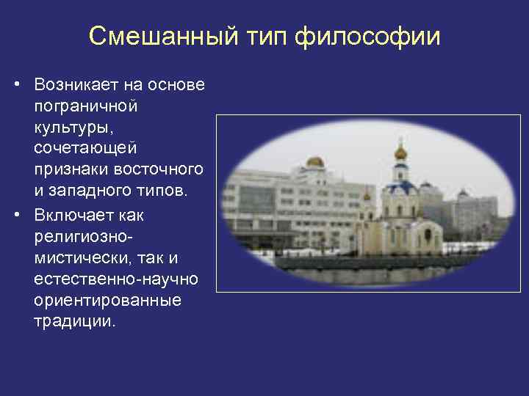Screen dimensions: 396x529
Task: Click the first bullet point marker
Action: [15, 86]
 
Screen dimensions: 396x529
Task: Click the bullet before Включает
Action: [15, 216]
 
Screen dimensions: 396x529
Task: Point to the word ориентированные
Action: [98, 301]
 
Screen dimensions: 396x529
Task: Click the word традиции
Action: [74, 322]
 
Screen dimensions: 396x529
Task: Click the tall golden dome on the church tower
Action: [400, 152]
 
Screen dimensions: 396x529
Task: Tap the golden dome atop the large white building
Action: [314, 161]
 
